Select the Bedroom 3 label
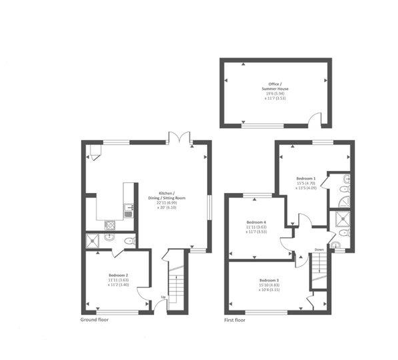pyautogui.click(x=268, y=280)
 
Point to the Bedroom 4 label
pyautogui.click(x=256, y=222)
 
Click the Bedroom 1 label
pyautogui.click(x=306, y=178)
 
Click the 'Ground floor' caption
pyautogui.click(x=94, y=320)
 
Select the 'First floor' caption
pyautogui.click(x=235, y=320)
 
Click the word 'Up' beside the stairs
pyautogui.click(x=163, y=298)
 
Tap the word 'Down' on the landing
pyautogui.click(x=320, y=249)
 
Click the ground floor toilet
pyautogui.click(x=131, y=241)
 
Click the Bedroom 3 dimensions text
pyautogui.click(x=268, y=288)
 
